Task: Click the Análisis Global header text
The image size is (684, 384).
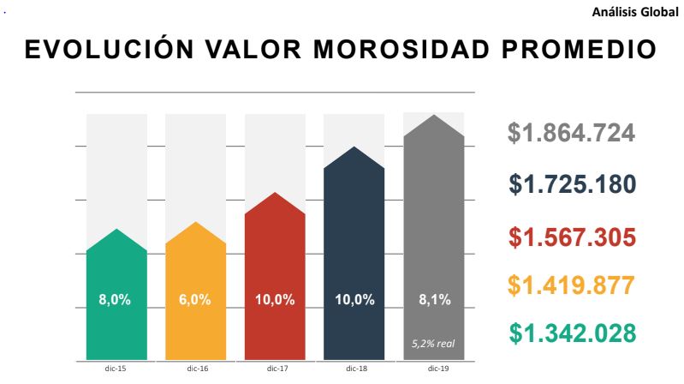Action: click(x=639, y=12)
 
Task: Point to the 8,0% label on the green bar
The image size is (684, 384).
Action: click(x=116, y=300)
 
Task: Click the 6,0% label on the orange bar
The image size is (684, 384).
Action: click(x=195, y=300)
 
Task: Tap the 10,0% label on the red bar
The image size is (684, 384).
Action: click(x=275, y=300)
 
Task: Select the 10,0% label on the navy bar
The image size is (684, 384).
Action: click(x=354, y=300)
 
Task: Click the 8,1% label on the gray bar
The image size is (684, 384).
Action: click(x=433, y=300)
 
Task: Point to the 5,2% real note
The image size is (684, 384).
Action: click(x=433, y=344)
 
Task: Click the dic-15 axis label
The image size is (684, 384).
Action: click(x=116, y=369)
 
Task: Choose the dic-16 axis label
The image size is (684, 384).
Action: click(x=195, y=369)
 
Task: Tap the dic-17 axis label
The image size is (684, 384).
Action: click(x=275, y=369)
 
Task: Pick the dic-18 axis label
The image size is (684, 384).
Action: click(x=354, y=369)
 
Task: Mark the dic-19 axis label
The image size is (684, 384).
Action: click(x=434, y=369)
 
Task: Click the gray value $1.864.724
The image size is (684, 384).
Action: click(x=571, y=134)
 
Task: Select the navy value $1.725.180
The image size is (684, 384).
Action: click(x=572, y=184)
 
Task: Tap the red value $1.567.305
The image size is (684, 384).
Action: click(x=572, y=237)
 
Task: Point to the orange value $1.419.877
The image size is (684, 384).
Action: click(x=571, y=285)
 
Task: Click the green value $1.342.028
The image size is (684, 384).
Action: click(x=572, y=333)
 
